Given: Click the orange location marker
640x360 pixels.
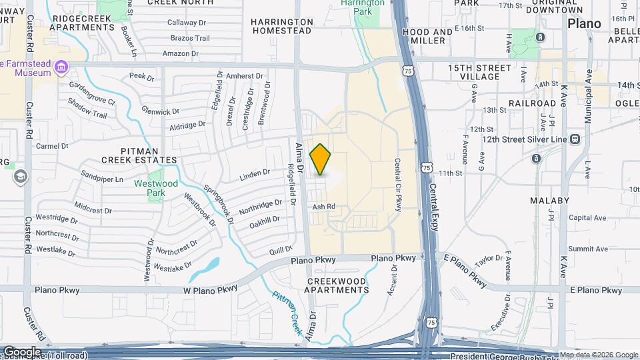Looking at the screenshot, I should click(321, 160).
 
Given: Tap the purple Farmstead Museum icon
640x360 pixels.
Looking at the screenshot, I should click(61, 67).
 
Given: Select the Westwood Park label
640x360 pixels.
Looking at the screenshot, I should click(155, 183).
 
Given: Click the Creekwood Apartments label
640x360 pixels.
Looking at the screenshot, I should click(337, 286).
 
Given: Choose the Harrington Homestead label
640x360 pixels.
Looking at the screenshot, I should click(281, 26).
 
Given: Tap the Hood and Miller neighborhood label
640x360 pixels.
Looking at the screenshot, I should click(428, 36).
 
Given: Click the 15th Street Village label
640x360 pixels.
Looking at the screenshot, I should click(479, 72).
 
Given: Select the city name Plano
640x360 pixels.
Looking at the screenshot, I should click(584, 23).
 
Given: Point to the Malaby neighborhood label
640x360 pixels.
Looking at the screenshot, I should click(549, 201).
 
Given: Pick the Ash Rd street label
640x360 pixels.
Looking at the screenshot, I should click(323, 207).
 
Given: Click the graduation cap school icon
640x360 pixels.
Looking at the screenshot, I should click(20, 176).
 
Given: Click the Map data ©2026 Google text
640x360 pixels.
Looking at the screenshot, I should click(598, 355).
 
